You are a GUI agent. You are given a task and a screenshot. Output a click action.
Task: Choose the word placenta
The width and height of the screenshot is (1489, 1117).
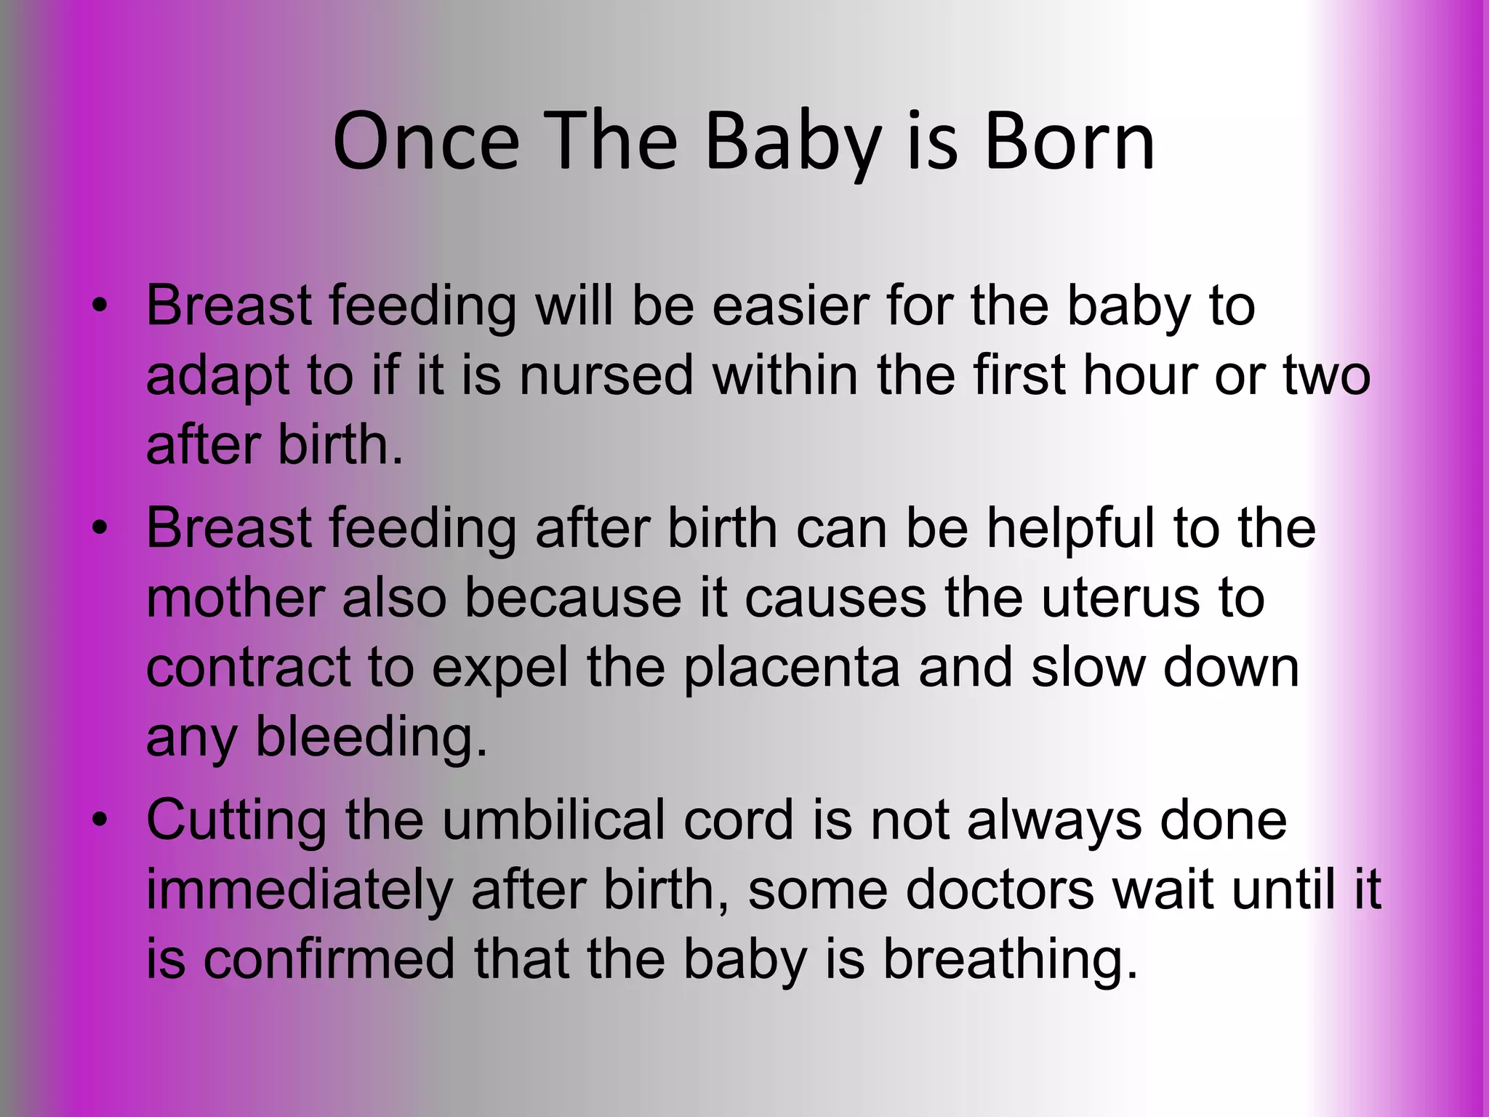click(x=792, y=668)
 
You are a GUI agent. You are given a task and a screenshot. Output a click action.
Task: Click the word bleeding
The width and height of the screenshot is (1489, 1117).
click(x=371, y=737)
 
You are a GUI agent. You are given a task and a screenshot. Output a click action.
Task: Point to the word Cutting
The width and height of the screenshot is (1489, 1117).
click(x=236, y=820)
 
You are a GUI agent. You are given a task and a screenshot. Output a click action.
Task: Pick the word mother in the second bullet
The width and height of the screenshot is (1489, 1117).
click(x=236, y=598)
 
